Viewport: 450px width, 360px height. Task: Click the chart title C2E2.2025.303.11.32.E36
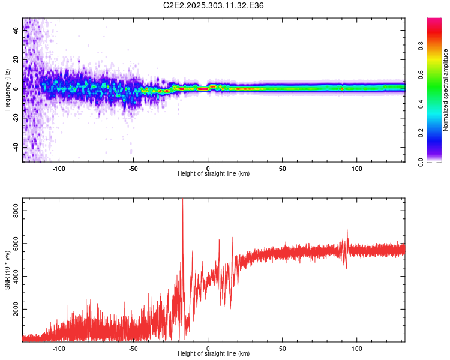(214, 5)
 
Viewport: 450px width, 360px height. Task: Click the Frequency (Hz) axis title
(7, 90)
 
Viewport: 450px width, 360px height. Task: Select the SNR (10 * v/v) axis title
(7, 270)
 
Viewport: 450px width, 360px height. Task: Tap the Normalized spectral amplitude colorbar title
(445, 90)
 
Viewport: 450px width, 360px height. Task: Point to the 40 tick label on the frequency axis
(16, 31)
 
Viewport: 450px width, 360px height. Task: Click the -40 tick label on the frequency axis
(15, 147)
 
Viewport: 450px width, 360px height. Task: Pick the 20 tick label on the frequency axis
(16, 60)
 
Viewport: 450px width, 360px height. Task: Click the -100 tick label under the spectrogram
(59, 168)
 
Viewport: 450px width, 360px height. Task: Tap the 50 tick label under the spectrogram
(283, 168)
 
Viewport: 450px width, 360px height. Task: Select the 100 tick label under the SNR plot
(357, 348)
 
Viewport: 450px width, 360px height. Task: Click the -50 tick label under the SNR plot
(133, 348)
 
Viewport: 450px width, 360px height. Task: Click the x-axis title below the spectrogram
(214, 174)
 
